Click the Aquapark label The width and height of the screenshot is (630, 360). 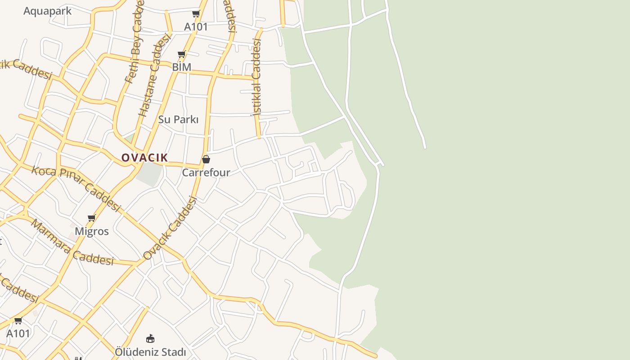pyautogui.click(x=47, y=11)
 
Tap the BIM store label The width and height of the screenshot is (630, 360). pyautogui.click(x=181, y=67)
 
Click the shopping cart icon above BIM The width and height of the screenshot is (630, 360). pyautogui.click(x=182, y=54)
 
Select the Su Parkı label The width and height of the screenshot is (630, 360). pyautogui.click(x=178, y=119)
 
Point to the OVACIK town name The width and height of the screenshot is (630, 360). pyautogui.click(x=144, y=157)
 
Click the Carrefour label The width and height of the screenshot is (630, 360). pyautogui.click(x=206, y=172)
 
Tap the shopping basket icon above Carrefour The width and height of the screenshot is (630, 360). pyautogui.click(x=206, y=159)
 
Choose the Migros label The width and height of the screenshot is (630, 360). pyautogui.click(x=91, y=231)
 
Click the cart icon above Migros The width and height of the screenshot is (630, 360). pyautogui.click(x=92, y=218)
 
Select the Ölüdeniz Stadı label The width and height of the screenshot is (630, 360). pyautogui.click(x=150, y=352)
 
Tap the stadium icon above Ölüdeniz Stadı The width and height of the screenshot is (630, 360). pyautogui.click(x=150, y=338)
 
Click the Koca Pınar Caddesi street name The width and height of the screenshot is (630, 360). pyautogui.click(x=76, y=189)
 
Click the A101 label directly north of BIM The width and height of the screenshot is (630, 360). pyautogui.click(x=196, y=27)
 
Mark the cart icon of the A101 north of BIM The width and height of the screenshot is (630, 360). pyautogui.click(x=196, y=14)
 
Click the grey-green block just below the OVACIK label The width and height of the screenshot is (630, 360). pyautogui.click(x=148, y=174)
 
